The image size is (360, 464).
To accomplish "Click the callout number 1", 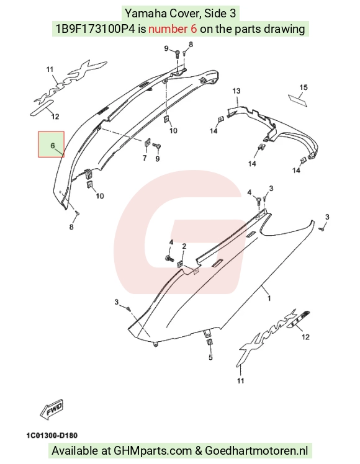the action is pyautogui.click(x=269, y=298).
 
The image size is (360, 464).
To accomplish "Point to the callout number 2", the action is pyautogui.click(x=184, y=246).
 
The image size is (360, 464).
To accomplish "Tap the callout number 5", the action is pyautogui.click(x=210, y=357).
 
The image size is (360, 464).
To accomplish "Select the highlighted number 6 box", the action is pyautogui.click(x=52, y=144).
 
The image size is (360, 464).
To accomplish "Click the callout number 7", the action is pyautogui.click(x=145, y=158).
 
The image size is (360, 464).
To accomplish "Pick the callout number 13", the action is pyautogui.click(x=236, y=91).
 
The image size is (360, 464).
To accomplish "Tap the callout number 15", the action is pyautogui.click(x=304, y=87).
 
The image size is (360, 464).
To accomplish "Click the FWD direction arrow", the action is pyautogui.click(x=52, y=409).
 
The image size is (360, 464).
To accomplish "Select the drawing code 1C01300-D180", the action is pyautogui.click(x=52, y=435).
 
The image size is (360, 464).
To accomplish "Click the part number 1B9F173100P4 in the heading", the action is pyautogui.click(x=96, y=29).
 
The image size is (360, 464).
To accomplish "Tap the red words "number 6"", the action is pyautogui.click(x=173, y=29).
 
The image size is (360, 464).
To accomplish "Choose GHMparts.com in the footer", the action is pyautogui.click(x=153, y=451).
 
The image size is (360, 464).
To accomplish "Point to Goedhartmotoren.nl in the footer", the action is pyautogui.click(x=256, y=451).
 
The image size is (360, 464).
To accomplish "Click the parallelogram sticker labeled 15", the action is pyautogui.click(x=297, y=100).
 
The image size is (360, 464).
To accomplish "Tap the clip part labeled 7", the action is pyautogui.click(x=148, y=143).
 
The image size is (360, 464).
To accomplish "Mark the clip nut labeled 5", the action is pyautogui.click(x=209, y=342).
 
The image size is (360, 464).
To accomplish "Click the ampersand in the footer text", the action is pyautogui.click(x=199, y=451).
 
